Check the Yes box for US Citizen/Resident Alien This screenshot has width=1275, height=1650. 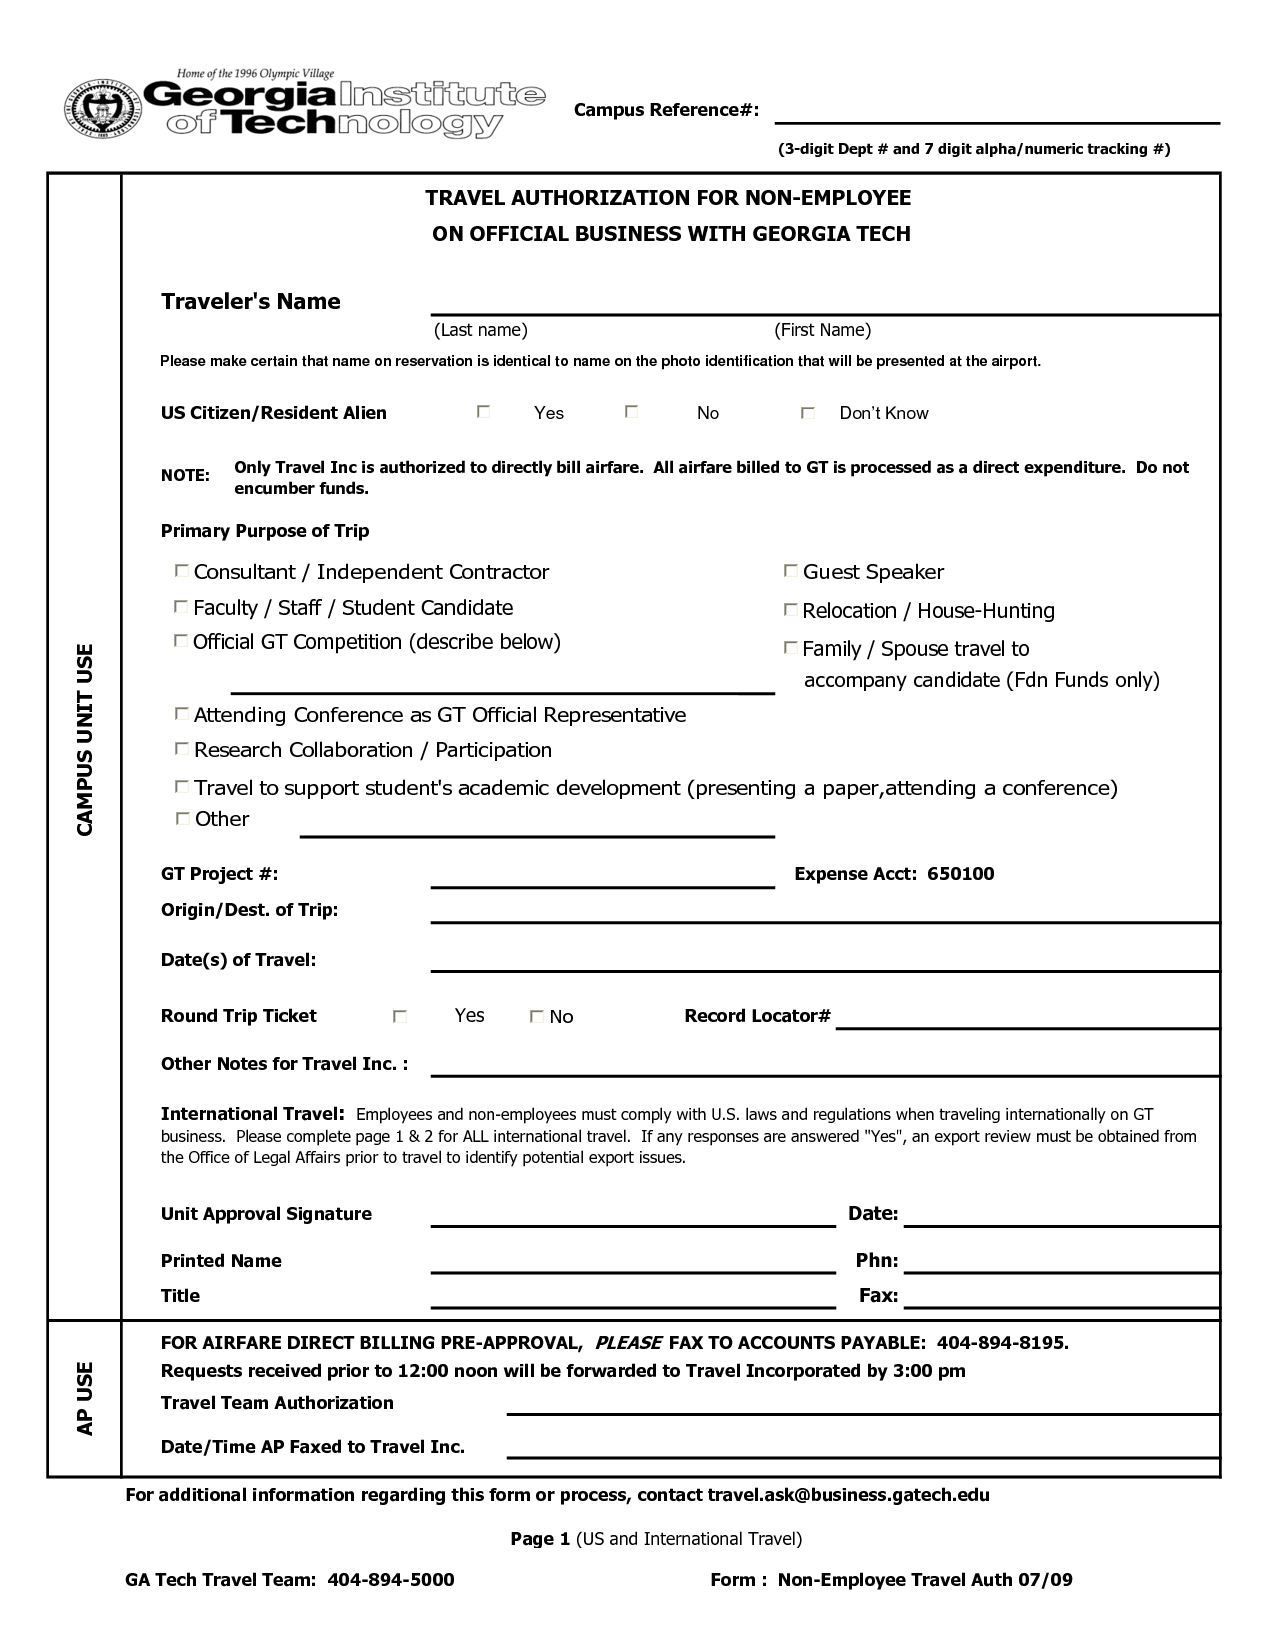(x=484, y=412)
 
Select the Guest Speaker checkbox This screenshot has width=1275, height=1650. (x=790, y=571)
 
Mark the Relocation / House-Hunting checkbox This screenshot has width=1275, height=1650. (x=790, y=610)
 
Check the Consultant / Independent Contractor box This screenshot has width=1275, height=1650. (x=181, y=571)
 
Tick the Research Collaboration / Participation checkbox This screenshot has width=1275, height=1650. (x=181, y=749)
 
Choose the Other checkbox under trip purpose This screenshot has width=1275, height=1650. (x=182, y=819)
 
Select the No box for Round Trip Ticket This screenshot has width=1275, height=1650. (x=537, y=1017)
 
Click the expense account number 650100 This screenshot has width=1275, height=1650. (x=960, y=874)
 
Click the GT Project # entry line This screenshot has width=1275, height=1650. (x=602, y=879)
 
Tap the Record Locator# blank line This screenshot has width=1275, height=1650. (x=1027, y=1020)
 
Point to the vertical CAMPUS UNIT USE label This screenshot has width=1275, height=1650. (x=85, y=740)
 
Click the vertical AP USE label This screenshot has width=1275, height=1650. (x=85, y=1398)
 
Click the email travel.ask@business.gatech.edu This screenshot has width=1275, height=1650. (x=848, y=1495)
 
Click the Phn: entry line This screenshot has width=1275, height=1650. (x=1060, y=1264)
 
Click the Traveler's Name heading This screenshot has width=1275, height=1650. (x=251, y=302)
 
